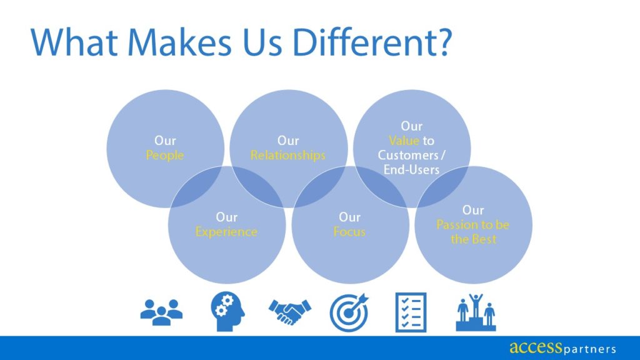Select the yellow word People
click(x=165, y=156)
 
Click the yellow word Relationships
click(x=288, y=156)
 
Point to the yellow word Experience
click(x=226, y=232)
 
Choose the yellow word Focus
click(x=349, y=232)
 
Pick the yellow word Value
click(x=404, y=141)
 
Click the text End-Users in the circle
click(x=412, y=169)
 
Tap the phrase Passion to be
click(x=473, y=224)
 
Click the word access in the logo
click(x=531, y=347)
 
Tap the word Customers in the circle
click(x=407, y=156)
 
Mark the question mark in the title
click(x=439, y=43)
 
